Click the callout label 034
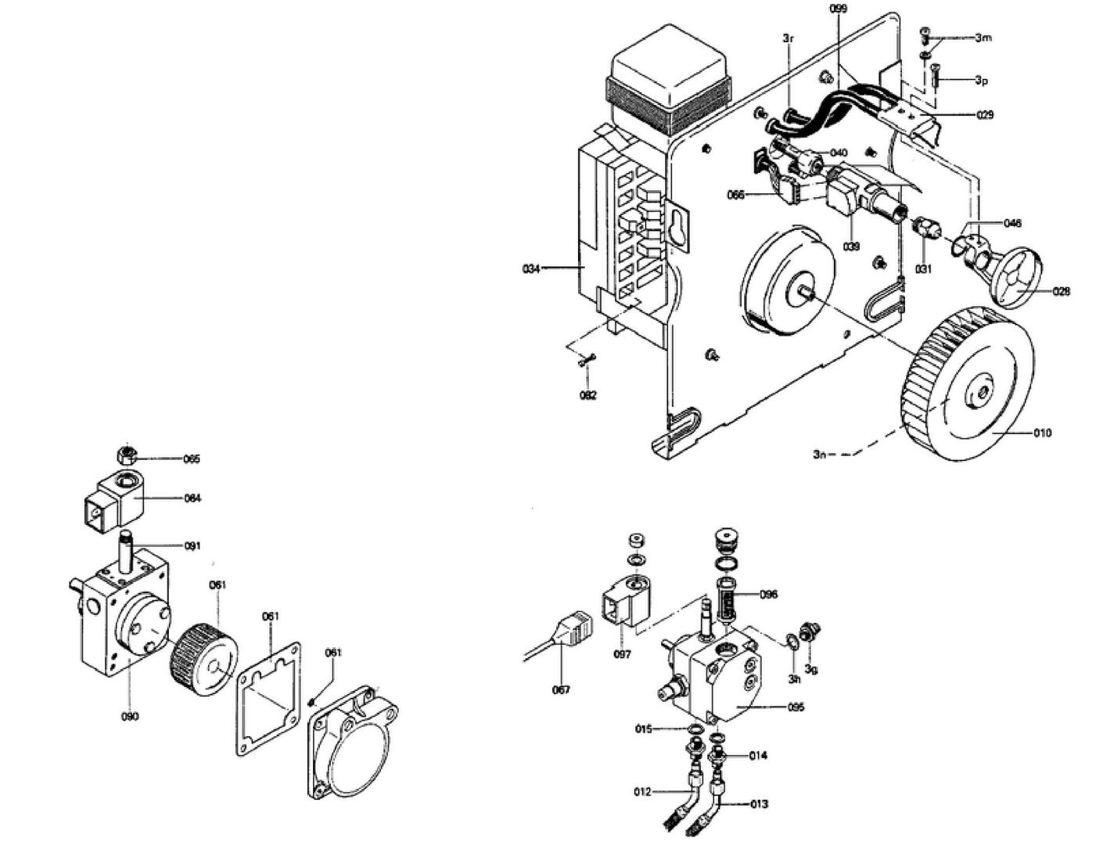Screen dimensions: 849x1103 (x=530, y=269)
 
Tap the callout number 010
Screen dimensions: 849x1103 (x=1042, y=433)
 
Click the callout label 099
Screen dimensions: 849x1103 (x=839, y=8)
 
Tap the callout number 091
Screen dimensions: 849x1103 (x=192, y=546)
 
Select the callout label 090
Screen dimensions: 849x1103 (x=130, y=716)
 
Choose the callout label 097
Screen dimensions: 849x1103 (x=622, y=654)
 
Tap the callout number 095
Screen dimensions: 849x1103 (x=796, y=707)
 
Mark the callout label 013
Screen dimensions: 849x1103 (x=758, y=804)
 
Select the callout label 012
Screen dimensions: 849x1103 (x=642, y=792)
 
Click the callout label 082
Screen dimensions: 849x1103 (x=587, y=395)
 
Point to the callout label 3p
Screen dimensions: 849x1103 (x=981, y=80)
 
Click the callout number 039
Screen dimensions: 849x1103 (x=851, y=246)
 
